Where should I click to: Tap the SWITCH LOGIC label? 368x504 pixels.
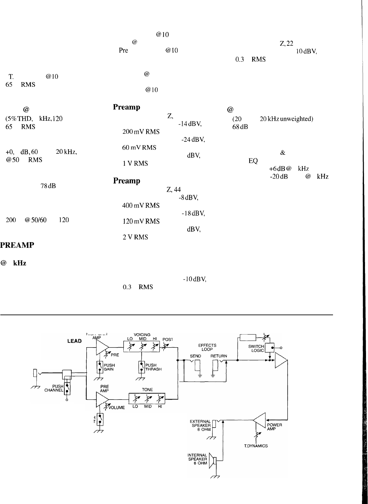click(x=256, y=349)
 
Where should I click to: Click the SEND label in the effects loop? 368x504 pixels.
click(x=195, y=356)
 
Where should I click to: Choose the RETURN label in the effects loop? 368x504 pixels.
click(x=219, y=356)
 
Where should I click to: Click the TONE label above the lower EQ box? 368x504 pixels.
click(x=147, y=390)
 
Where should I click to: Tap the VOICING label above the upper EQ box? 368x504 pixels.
click(x=142, y=335)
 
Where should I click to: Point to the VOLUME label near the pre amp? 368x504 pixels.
click(x=116, y=407)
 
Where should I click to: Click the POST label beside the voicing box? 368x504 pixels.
click(x=167, y=339)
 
